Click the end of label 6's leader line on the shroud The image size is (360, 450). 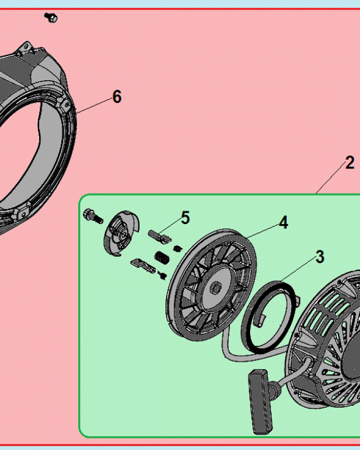pos(76,113)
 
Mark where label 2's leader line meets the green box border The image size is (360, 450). pos(316,194)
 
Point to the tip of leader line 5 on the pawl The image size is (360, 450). pos(158,233)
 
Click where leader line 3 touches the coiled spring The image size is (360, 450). pos(281,282)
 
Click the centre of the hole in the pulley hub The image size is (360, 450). pos(215,288)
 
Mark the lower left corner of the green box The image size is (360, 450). pos(80,436)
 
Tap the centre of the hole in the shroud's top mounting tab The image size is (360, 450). pos(26,46)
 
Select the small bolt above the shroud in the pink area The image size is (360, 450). pos(51,18)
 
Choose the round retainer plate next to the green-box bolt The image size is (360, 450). pos(121,234)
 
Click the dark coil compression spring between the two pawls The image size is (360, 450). pos(162,257)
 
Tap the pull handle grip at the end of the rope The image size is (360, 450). pos(261,402)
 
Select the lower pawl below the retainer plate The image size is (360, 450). pos(143,266)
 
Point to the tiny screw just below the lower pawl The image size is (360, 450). pos(162,275)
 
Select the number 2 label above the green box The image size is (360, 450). pos(350,163)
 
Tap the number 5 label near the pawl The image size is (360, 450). pos(185,218)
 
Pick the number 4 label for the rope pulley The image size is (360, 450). pos(283,223)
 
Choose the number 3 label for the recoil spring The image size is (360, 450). pos(320,257)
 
